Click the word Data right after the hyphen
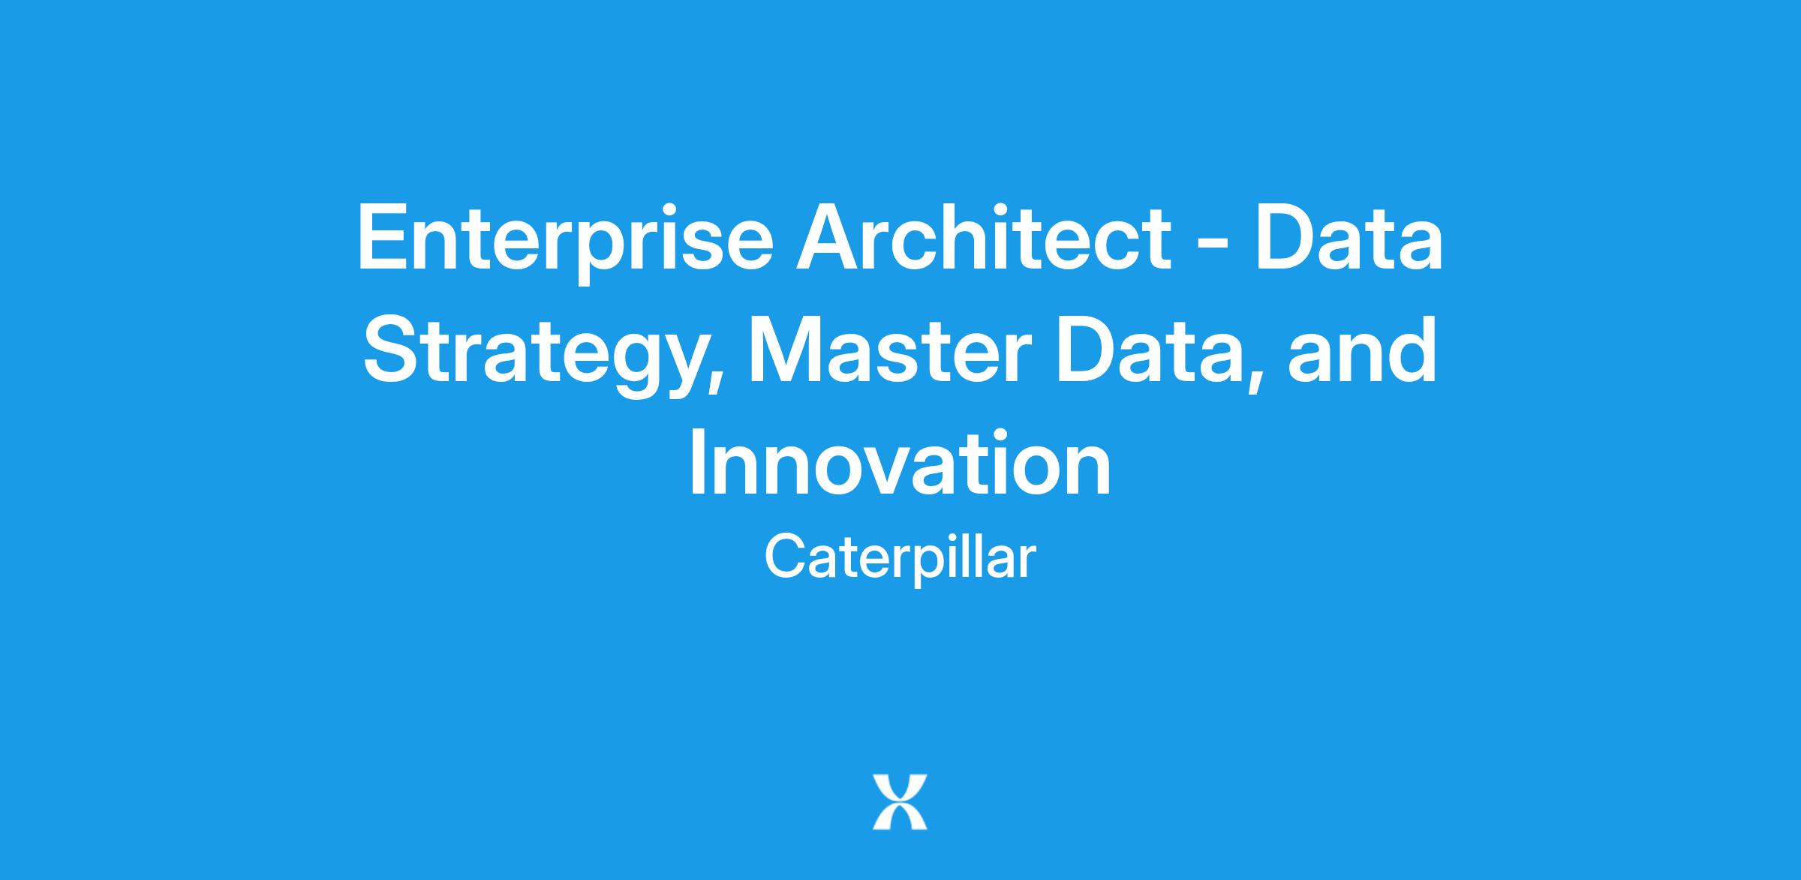[1348, 237]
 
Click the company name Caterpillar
[900, 559]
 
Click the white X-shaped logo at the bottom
[900, 802]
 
